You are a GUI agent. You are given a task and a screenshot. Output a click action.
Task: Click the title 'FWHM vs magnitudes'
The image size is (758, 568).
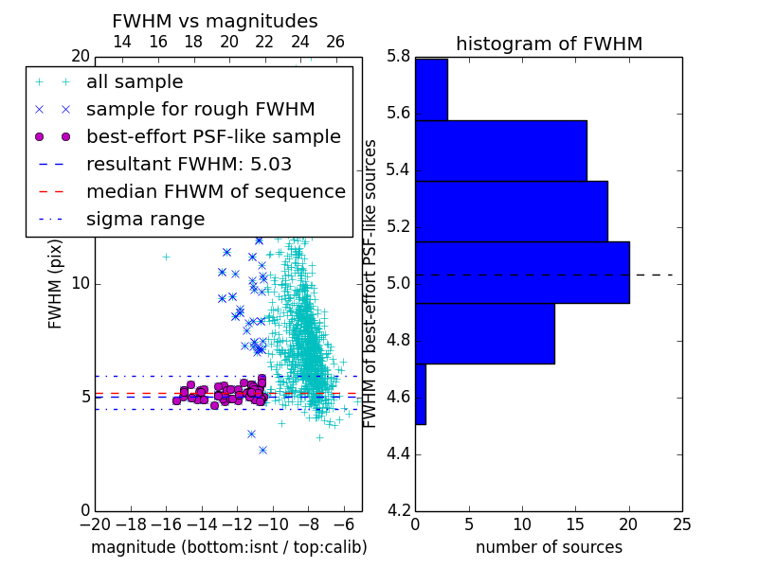(x=215, y=21)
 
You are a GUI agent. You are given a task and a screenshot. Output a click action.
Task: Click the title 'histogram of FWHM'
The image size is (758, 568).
(x=550, y=44)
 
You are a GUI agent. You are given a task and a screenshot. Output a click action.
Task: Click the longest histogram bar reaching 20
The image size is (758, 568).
(x=523, y=273)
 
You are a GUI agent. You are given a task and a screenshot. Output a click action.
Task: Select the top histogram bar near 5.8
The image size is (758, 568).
(x=432, y=89)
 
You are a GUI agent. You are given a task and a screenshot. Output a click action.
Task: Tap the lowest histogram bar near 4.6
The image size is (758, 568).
(x=421, y=394)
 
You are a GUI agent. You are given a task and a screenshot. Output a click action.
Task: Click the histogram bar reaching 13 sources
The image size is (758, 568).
(x=485, y=333)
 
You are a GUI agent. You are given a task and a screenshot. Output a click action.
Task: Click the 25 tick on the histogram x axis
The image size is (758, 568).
(x=682, y=524)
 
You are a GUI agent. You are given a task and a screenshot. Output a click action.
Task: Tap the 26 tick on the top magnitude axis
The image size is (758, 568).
(x=335, y=42)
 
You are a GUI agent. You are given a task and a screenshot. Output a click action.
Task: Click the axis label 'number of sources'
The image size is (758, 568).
(x=550, y=547)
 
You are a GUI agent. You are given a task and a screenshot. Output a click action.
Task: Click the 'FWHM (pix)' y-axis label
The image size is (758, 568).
(x=55, y=284)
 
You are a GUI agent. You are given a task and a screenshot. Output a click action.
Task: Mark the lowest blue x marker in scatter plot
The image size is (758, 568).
(x=263, y=451)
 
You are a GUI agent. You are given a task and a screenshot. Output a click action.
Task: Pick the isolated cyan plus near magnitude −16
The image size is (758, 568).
(x=167, y=257)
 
